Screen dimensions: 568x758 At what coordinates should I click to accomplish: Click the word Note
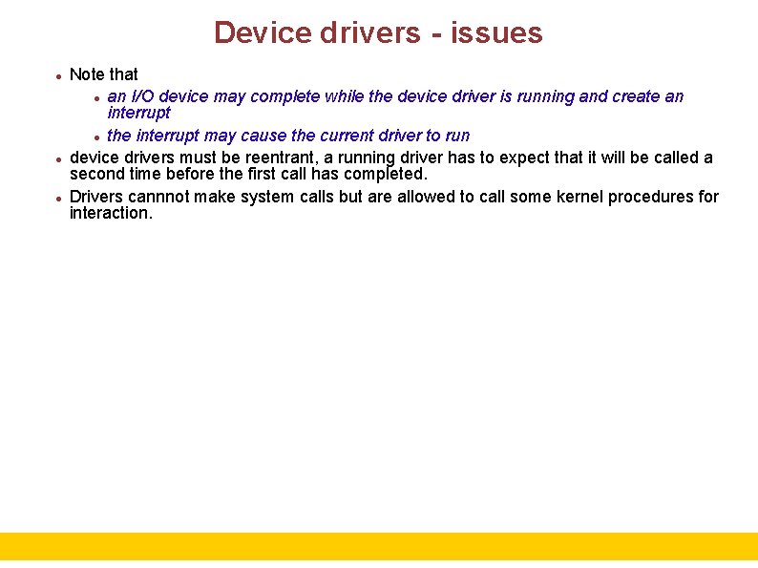coord(88,74)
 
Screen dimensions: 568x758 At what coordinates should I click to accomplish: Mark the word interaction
coord(111,214)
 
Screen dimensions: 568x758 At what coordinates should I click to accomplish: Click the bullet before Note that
coord(59,75)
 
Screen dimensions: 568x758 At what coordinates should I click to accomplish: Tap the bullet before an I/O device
coord(97,97)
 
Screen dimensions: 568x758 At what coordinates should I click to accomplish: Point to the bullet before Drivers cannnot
coord(59,198)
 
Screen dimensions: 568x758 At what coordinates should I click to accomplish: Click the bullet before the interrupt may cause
coord(97,137)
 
